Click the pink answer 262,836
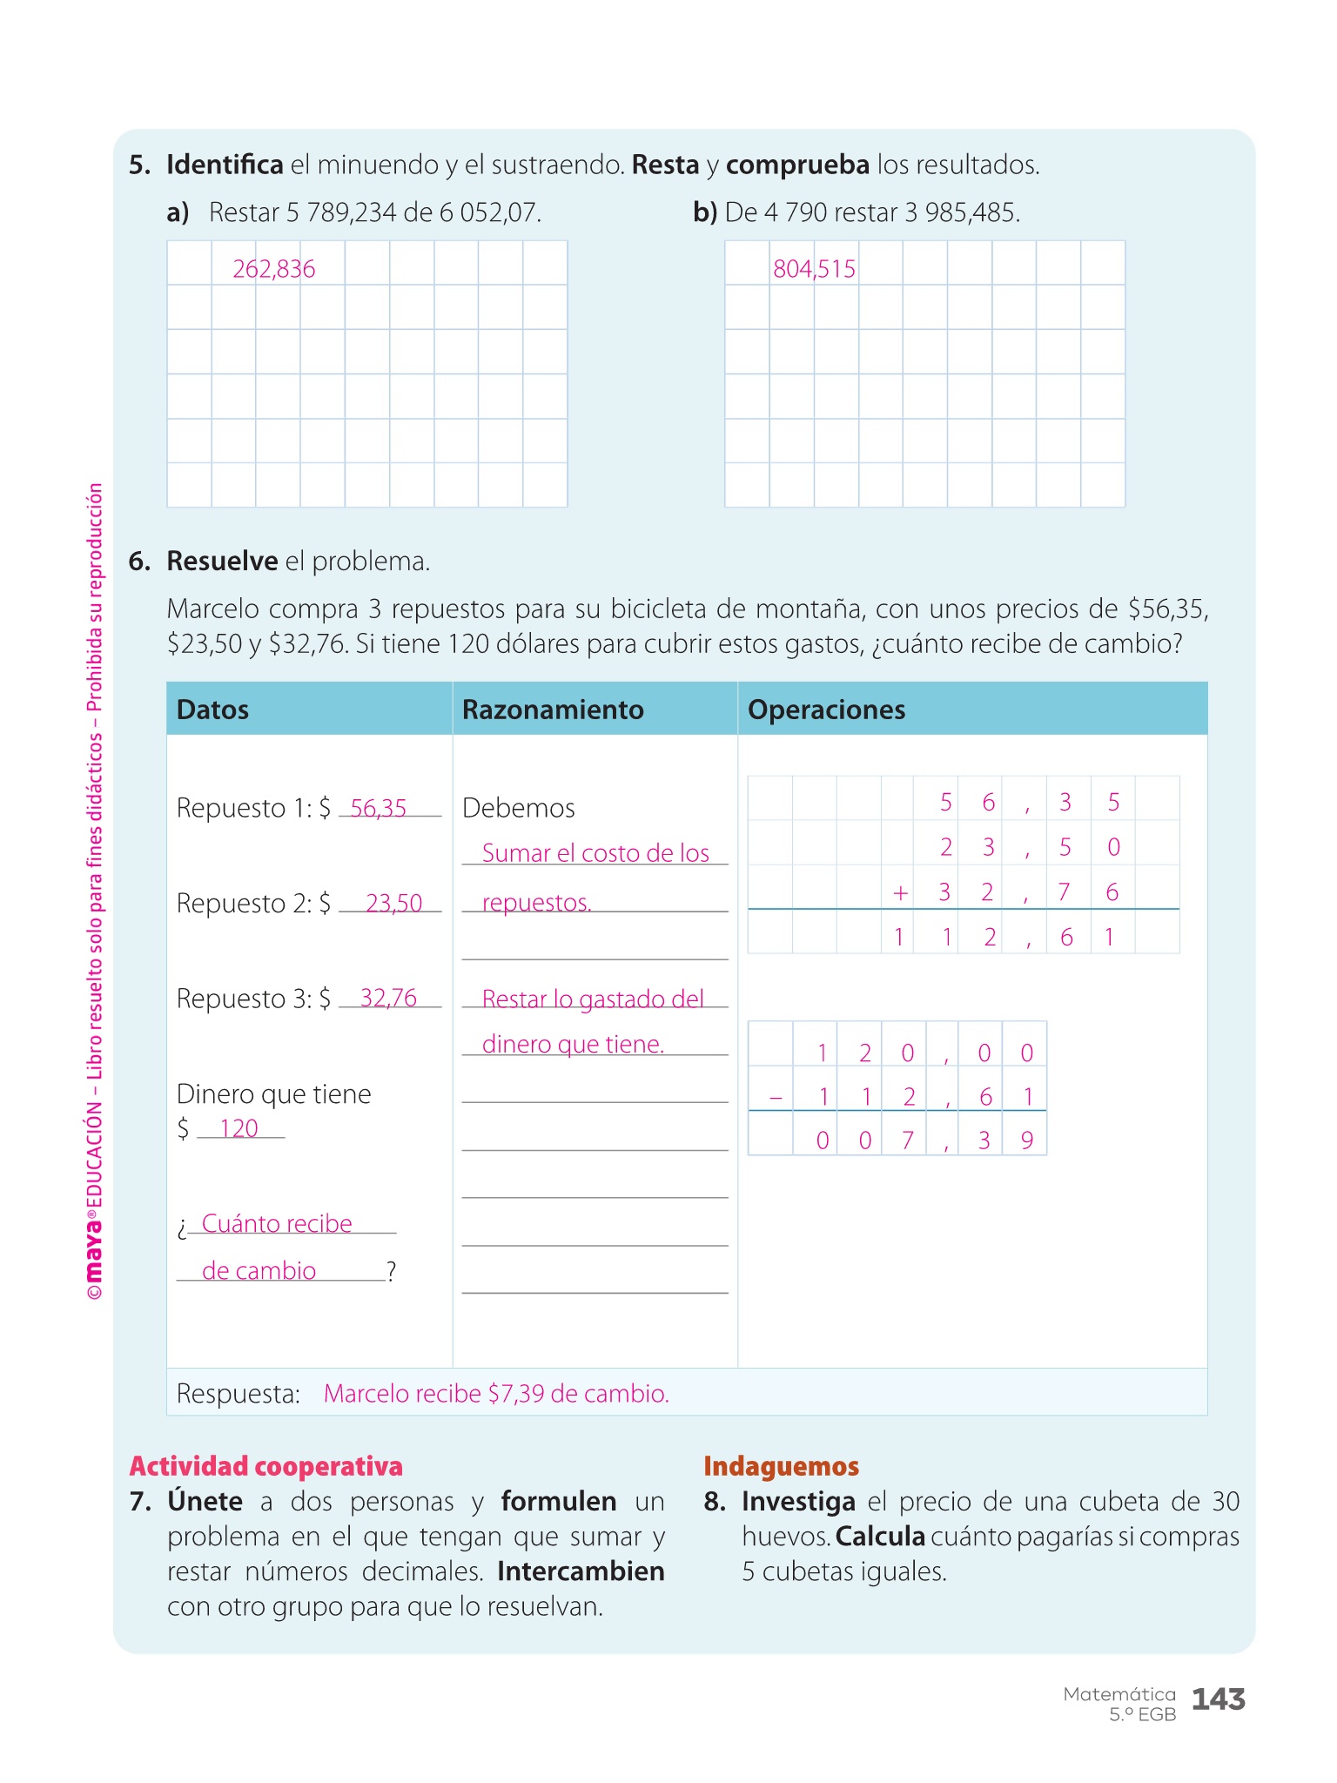pyautogui.click(x=273, y=269)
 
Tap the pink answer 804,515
pyautogui.click(x=814, y=269)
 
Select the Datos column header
pyautogui.click(x=212, y=710)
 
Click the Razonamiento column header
pyautogui.click(x=553, y=710)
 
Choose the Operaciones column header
pyautogui.click(x=826, y=710)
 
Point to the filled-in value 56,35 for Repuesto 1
pyautogui.click(x=379, y=808)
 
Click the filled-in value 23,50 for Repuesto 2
pyautogui.click(x=393, y=903)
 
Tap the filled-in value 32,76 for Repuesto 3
pyautogui.click(x=388, y=998)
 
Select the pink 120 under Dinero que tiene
pyautogui.click(x=239, y=1128)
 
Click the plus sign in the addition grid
pyautogui.click(x=900, y=892)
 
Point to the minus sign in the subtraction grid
pyautogui.click(x=776, y=1098)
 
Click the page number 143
pyautogui.click(x=1218, y=1699)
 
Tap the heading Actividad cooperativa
pyautogui.click(x=265, y=1466)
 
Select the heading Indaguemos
pyautogui.click(x=781, y=1466)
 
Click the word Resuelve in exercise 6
pyautogui.click(x=222, y=562)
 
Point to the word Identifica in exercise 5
pyautogui.click(x=225, y=165)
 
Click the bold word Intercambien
pyautogui.click(x=581, y=1571)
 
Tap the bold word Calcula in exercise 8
pyautogui.click(x=880, y=1537)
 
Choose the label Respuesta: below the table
pyautogui.click(x=238, y=1394)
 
